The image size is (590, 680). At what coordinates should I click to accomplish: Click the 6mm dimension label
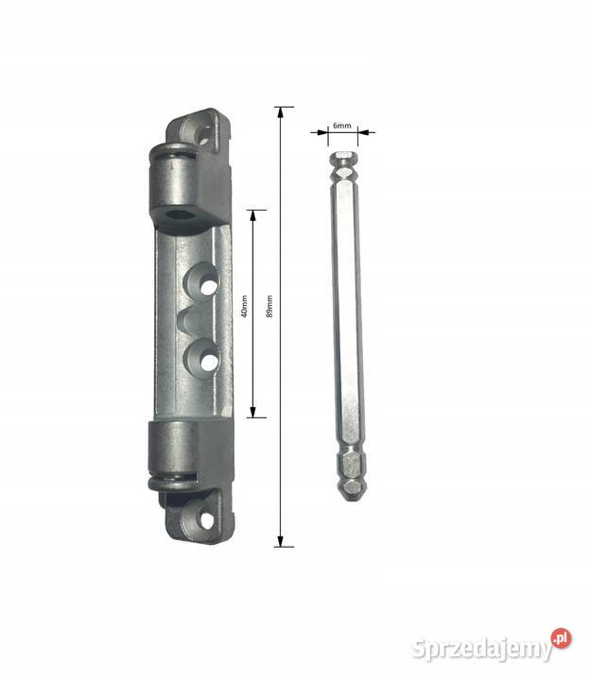[x=341, y=126]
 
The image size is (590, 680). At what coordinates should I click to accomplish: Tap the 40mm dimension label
[x=244, y=306]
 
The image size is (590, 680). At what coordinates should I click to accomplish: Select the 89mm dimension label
[x=269, y=306]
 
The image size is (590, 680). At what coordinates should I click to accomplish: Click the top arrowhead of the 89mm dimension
[x=281, y=112]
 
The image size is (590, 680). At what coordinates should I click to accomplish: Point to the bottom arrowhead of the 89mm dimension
[x=281, y=541]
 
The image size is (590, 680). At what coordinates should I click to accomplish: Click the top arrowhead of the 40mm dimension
[x=253, y=215]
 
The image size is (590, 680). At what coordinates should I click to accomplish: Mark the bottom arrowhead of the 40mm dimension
[x=253, y=413]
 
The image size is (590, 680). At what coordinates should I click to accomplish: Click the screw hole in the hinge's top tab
[x=205, y=133]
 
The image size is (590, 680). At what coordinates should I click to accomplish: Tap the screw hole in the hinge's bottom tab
[x=207, y=520]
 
